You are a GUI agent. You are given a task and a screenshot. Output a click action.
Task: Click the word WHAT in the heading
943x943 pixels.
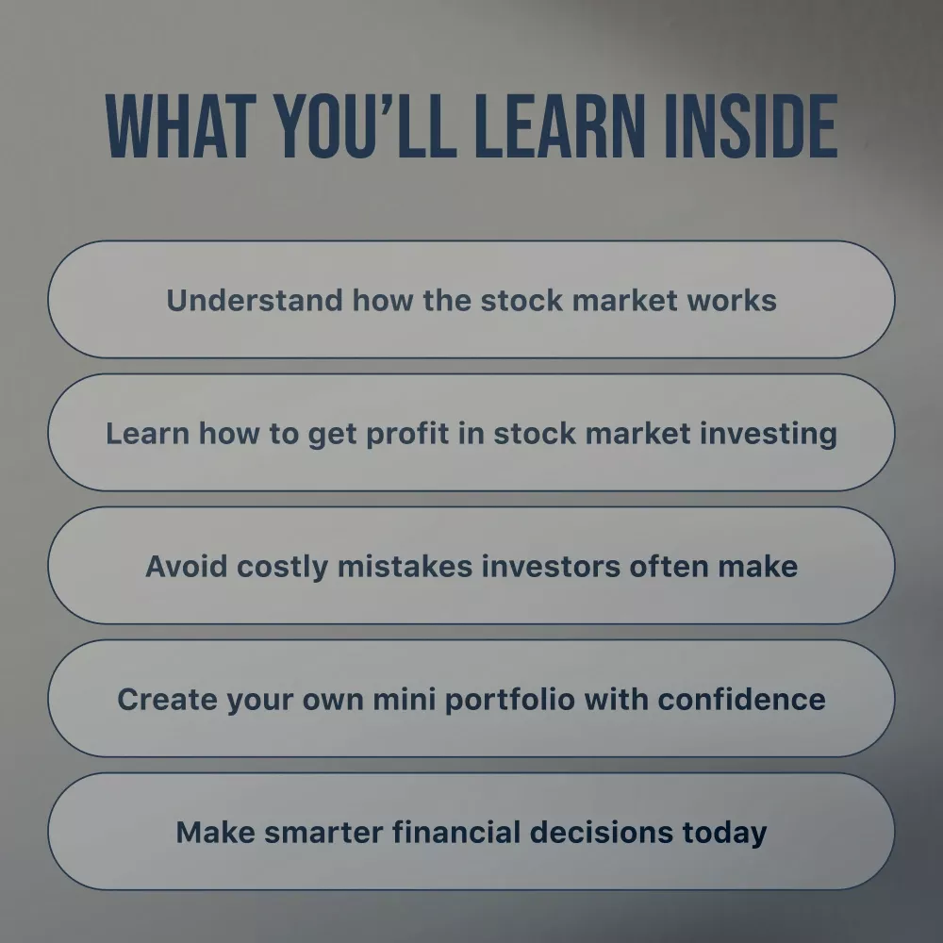(177, 126)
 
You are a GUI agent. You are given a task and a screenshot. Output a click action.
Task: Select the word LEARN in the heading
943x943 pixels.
(559, 126)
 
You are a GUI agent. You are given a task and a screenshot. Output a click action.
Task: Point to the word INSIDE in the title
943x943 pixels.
(752, 126)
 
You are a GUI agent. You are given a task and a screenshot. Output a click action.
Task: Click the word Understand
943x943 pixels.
(255, 300)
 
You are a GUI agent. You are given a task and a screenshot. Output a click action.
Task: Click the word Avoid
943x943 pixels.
(187, 567)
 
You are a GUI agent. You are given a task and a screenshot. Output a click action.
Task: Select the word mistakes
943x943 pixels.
(405, 567)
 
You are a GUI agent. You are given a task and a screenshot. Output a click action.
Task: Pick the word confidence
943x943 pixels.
(741, 700)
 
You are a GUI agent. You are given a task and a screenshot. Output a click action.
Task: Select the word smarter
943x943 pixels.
(323, 833)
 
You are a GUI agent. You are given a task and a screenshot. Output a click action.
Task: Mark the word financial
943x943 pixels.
(456, 833)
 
